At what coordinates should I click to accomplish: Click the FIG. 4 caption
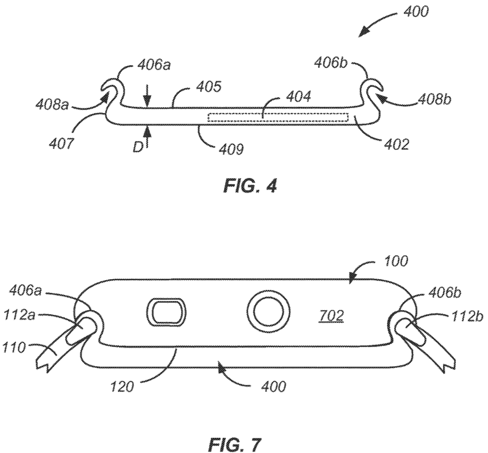pyautogui.click(x=250, y=187)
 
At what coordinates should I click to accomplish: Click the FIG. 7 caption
pyautogui.click(x=235, y=444)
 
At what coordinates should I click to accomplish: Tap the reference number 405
pyautogui.click(x=209, y=87)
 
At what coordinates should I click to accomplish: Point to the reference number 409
pyautogui.click(x=231, y=150)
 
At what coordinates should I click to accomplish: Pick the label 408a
pyautogui.click(x=52, y=105)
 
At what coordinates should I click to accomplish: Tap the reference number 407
pyautogui.click(x=62, y=144)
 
